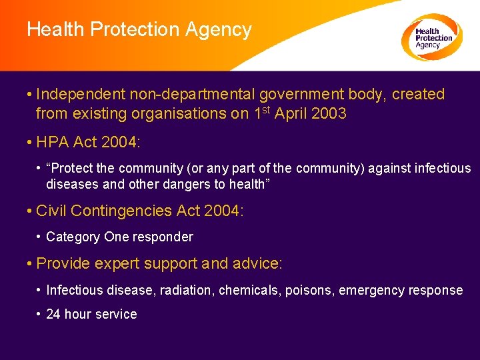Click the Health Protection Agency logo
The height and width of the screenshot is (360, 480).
pos(432,37)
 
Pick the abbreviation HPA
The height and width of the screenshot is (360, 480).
pos(51,142)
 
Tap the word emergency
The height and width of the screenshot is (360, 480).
pos(371,290)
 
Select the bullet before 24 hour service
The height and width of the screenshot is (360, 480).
pos(39,314)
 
